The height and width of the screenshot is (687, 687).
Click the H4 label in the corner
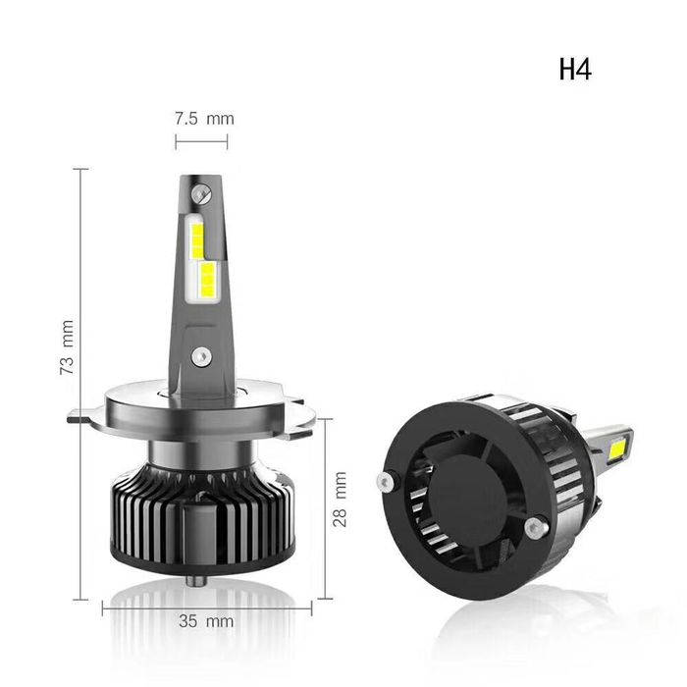pos(576,70)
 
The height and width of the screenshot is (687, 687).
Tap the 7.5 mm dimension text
pos(204,119)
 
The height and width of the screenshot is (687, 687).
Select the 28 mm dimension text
pos(341,500)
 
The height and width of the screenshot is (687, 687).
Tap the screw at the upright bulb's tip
pos(199,186)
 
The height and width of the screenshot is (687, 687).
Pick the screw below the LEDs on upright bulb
pos(201,354)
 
